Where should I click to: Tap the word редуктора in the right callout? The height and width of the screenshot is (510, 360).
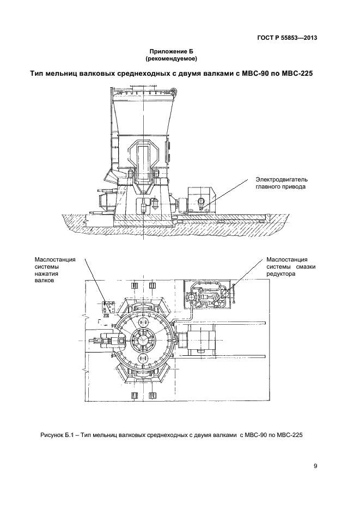click(x=280, y=275)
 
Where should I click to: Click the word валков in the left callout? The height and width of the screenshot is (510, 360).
click(x=44, y=282)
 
